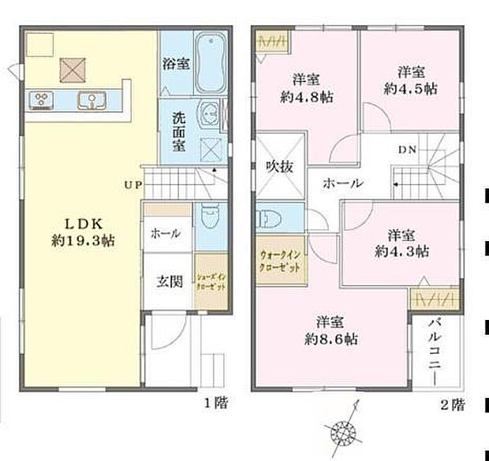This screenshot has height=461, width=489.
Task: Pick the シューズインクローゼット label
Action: pyautogui.click(x=211, y=280)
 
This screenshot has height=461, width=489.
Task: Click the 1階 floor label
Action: pyautogui.click(x=216, y=403)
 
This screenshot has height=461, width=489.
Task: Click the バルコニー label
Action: pyautogui.click(x=433, y=352)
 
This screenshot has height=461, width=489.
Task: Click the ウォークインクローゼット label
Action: pyautogui.click(x=279, y=261)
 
